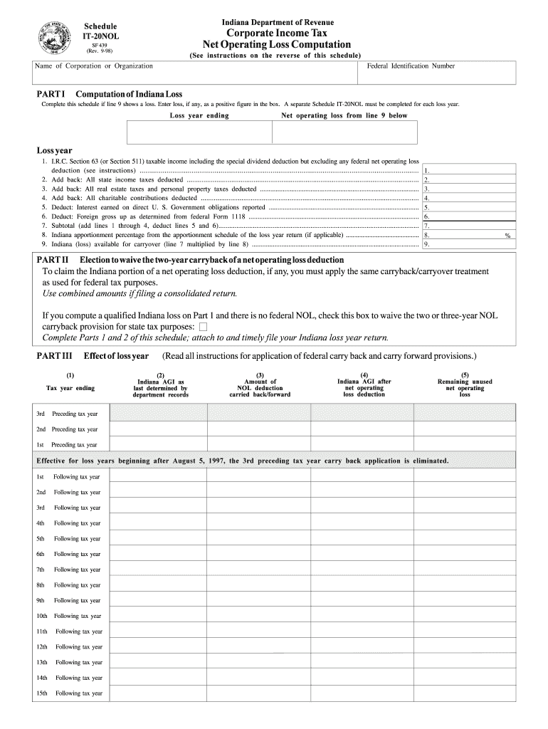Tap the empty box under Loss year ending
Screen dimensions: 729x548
point(199,132)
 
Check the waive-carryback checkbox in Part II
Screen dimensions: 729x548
point(203,327)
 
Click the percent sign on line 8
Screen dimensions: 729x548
point(507,235)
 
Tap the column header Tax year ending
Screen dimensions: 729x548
point(70,388)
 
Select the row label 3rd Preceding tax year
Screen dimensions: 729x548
point(68,414)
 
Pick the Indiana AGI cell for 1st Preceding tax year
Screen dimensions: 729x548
point(160,444)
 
